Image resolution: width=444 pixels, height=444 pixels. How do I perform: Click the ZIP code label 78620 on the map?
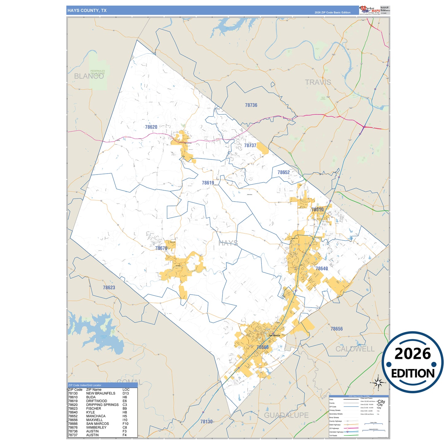(x=151, y=127)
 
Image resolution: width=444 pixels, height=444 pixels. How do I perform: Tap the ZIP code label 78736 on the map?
(x=251, y=105)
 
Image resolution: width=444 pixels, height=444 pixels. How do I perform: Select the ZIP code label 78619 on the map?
(x=208, y=183)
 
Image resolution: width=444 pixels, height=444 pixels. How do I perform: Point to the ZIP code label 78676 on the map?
(x=161, y=248)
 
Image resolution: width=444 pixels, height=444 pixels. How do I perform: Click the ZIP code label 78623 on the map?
(x=109, y=288)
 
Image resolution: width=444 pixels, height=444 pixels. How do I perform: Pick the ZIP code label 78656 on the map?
(x=336, y=329)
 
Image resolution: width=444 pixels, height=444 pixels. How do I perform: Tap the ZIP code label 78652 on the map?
(x=283, y=172)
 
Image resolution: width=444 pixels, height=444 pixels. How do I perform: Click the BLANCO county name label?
(x=89, y=76)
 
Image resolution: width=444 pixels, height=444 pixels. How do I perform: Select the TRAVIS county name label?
(x=318, y=82)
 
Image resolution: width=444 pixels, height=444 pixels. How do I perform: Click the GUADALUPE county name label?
(x=286, y=415)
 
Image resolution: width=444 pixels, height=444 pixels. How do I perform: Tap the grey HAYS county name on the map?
(x=228, y=243)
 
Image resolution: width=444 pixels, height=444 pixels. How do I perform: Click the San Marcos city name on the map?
(x=274, y=335)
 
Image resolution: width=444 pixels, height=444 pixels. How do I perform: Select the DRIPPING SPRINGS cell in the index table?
(x=102, y=405)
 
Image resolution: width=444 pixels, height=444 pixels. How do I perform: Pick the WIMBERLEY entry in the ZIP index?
(x=96, y=427)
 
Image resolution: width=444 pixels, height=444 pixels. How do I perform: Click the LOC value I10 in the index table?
(x=125, y=420)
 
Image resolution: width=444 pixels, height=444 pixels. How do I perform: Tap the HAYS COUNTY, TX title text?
(x=87, y=10)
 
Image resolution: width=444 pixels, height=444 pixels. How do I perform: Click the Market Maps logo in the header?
(x=370, y=10)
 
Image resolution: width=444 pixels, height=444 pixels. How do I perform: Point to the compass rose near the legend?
(x=378, y=383)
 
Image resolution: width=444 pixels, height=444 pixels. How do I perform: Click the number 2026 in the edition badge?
(x=412, y=354)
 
